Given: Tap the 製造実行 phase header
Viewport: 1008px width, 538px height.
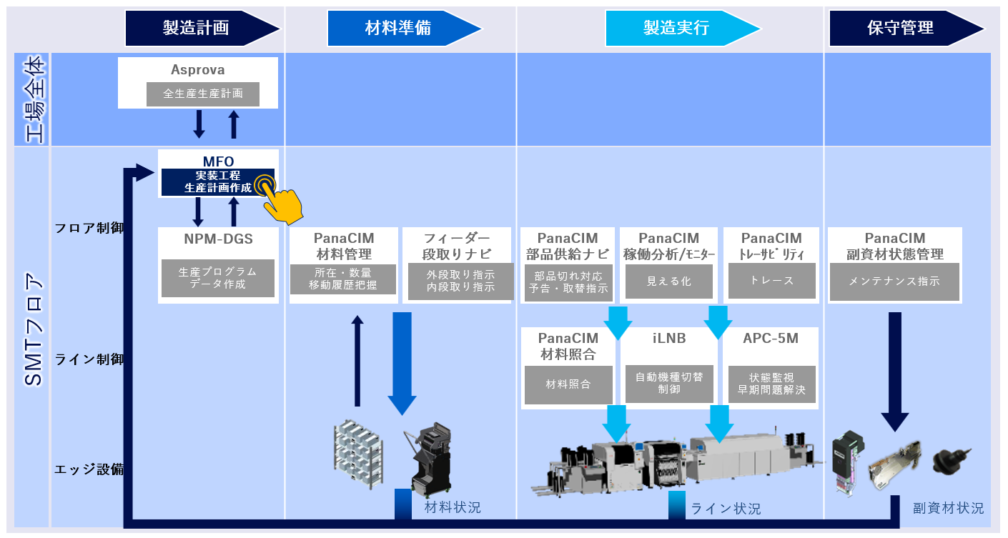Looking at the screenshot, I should [676, 28].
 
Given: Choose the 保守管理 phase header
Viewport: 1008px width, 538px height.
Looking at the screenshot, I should [900, 28].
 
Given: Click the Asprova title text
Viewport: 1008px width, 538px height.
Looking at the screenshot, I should [197, 70].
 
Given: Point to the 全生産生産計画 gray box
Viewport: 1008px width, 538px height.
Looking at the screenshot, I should [203, 94].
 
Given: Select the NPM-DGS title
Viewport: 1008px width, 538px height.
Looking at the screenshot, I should [218, 238].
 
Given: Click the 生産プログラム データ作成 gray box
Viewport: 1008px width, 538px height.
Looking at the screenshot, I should [217, 278].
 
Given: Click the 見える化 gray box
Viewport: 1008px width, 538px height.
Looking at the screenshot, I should [668, 281].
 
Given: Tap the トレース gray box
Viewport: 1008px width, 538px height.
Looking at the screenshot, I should [772, 281].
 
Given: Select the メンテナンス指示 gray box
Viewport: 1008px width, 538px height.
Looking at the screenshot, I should [894, 281].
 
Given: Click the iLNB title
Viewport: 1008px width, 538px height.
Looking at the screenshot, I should [669, 339].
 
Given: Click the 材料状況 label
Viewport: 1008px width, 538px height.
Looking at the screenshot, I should [453, 508].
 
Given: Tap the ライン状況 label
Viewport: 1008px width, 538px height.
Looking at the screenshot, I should [725, 509].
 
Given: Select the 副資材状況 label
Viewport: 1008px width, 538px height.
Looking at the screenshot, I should [948, 509].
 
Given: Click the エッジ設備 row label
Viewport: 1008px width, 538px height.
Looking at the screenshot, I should [89, 469].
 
